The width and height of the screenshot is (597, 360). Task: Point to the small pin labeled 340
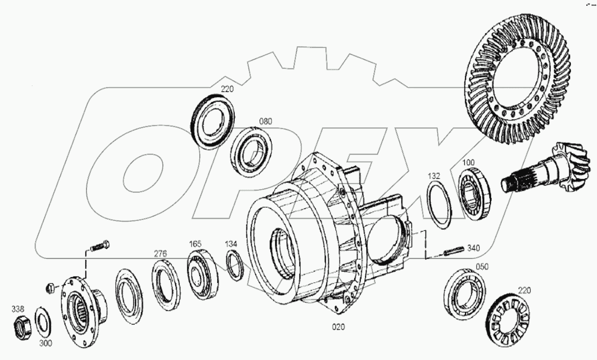(453, 252)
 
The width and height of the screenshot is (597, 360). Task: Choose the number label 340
(473, 248)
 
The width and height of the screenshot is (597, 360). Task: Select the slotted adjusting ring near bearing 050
(509, 318)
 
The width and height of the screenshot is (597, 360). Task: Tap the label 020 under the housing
(338, 327)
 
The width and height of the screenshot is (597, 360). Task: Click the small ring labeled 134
(235, 266)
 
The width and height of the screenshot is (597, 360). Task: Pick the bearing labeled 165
(203, 274)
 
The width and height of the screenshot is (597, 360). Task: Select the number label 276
(160, 253)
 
